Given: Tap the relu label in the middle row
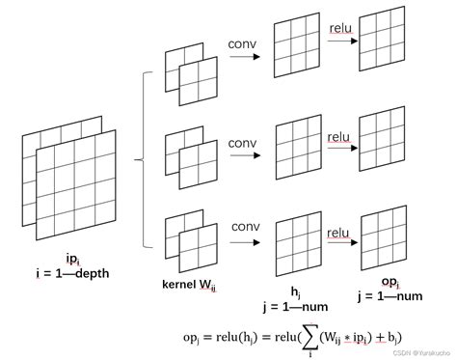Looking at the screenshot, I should [x=338, y=137].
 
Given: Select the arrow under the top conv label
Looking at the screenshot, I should [x=245, y=58].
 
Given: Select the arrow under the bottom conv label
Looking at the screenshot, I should [x=245, y=245].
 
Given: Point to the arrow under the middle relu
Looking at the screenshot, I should [x=338, y=152].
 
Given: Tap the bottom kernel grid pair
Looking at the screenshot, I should [x=191, y=241].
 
